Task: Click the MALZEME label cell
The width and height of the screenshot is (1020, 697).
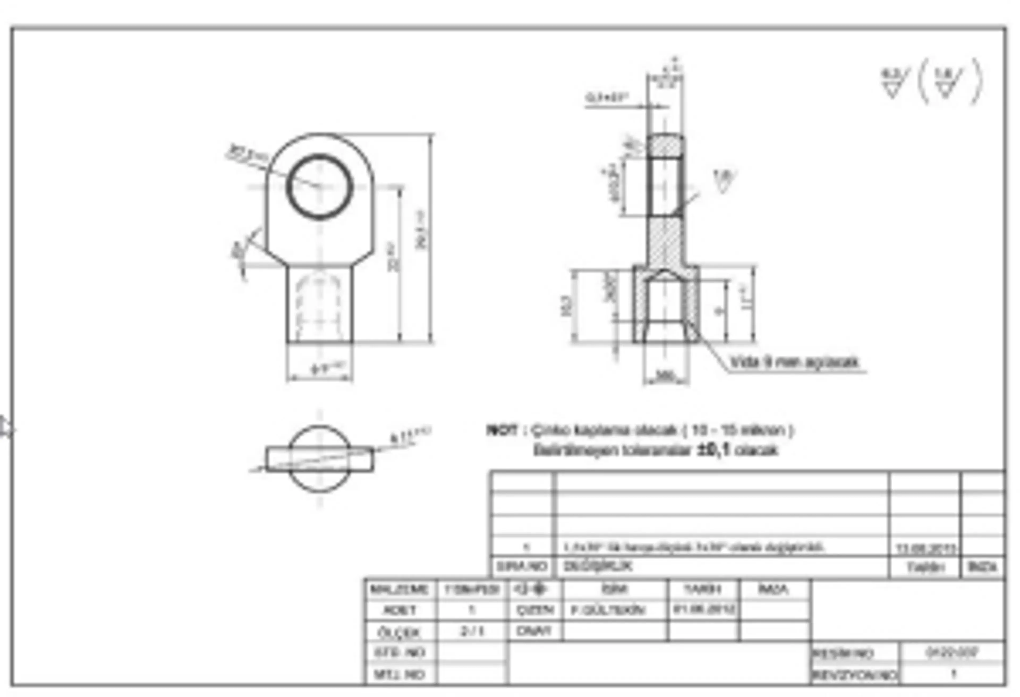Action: (399, 589)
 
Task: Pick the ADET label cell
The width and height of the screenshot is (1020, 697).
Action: (399, 610)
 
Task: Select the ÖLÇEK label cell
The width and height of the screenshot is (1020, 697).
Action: (399, 632)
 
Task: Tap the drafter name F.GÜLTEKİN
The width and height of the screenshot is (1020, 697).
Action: (608, 610)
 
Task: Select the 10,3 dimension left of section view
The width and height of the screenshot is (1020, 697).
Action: (566, 306)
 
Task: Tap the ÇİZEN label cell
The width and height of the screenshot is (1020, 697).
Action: (535, 610)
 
